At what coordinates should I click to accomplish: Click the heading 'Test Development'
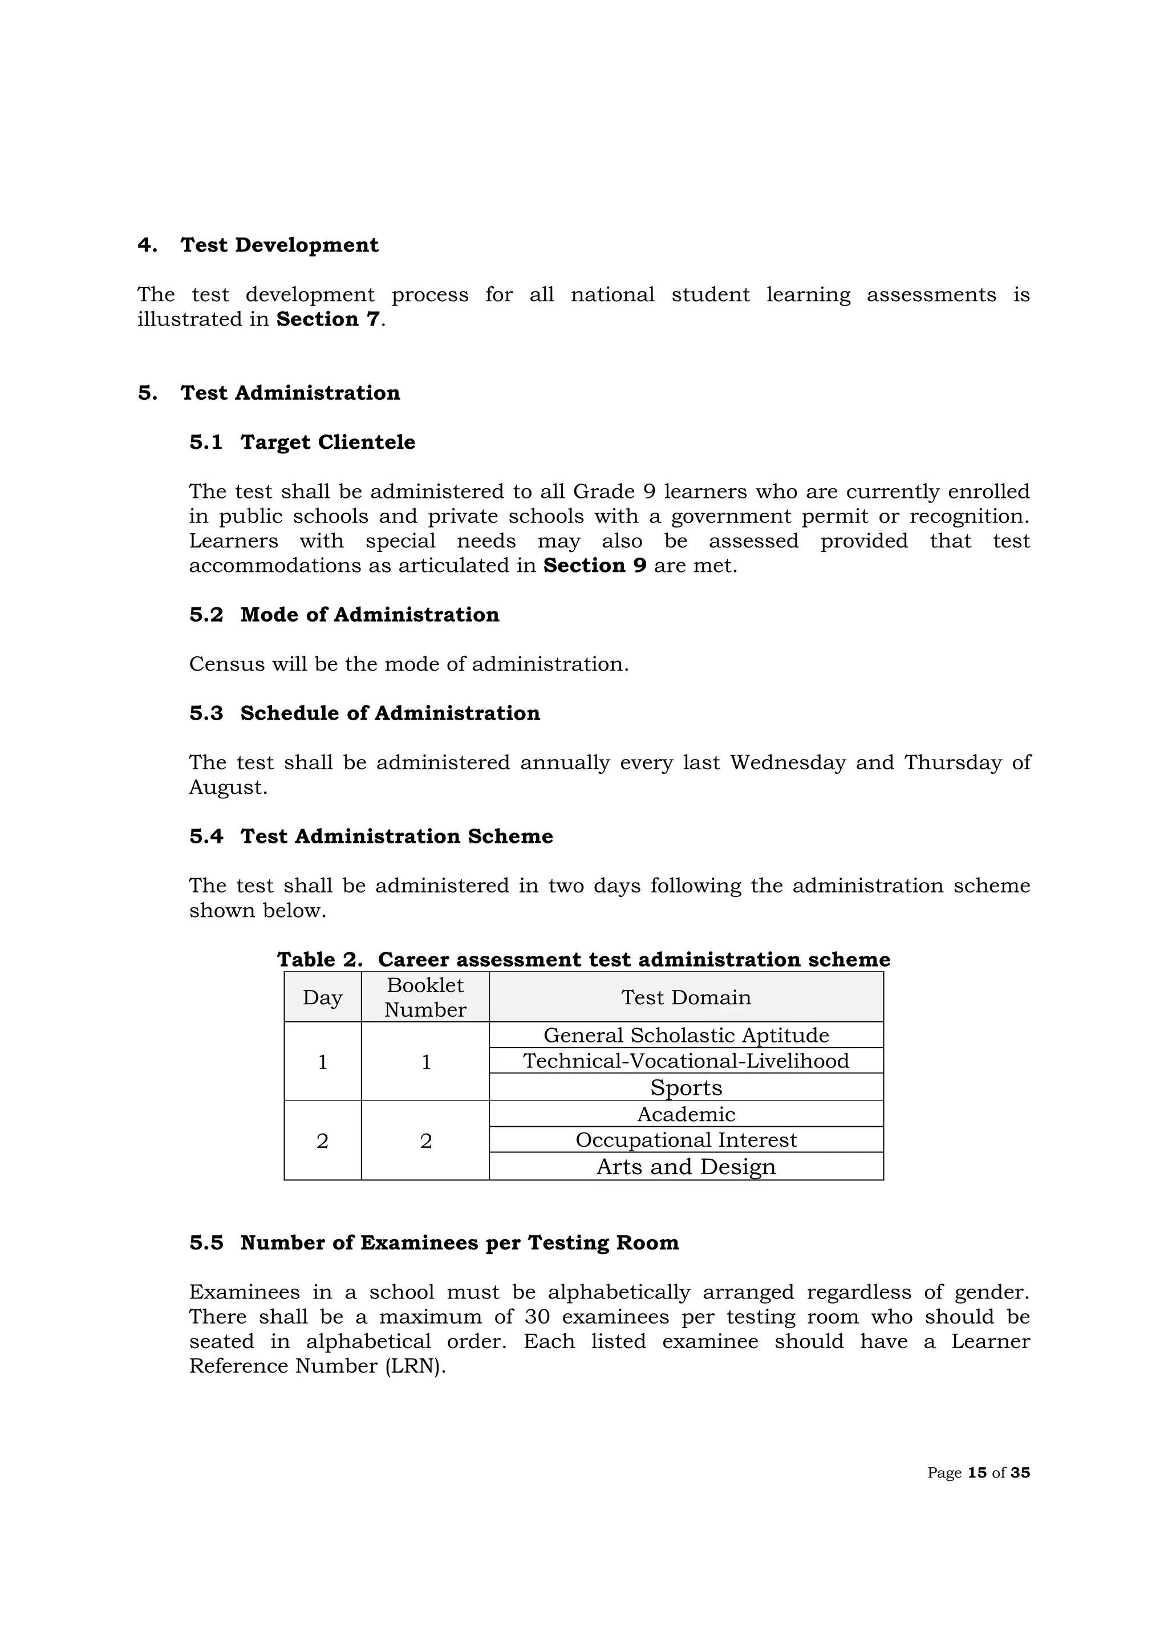point(279,245)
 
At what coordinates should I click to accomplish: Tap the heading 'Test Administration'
point(290,393)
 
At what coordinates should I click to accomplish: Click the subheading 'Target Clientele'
point(327,443)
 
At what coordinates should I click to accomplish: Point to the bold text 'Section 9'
point(594,566)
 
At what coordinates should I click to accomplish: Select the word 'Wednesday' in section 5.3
point(788,762)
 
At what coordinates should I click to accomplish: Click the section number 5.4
point(206,837)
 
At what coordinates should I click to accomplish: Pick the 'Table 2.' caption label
point(319,960)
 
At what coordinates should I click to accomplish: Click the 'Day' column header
point(322,997)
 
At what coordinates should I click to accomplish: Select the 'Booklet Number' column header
point(425,997)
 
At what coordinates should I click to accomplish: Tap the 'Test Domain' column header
point(686,997)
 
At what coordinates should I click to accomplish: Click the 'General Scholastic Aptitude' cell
point(686,1036)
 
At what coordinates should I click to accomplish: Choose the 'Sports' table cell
point(686,1087)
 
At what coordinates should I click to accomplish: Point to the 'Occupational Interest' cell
point(686,1140)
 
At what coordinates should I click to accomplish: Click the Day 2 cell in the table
point(322,1141)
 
